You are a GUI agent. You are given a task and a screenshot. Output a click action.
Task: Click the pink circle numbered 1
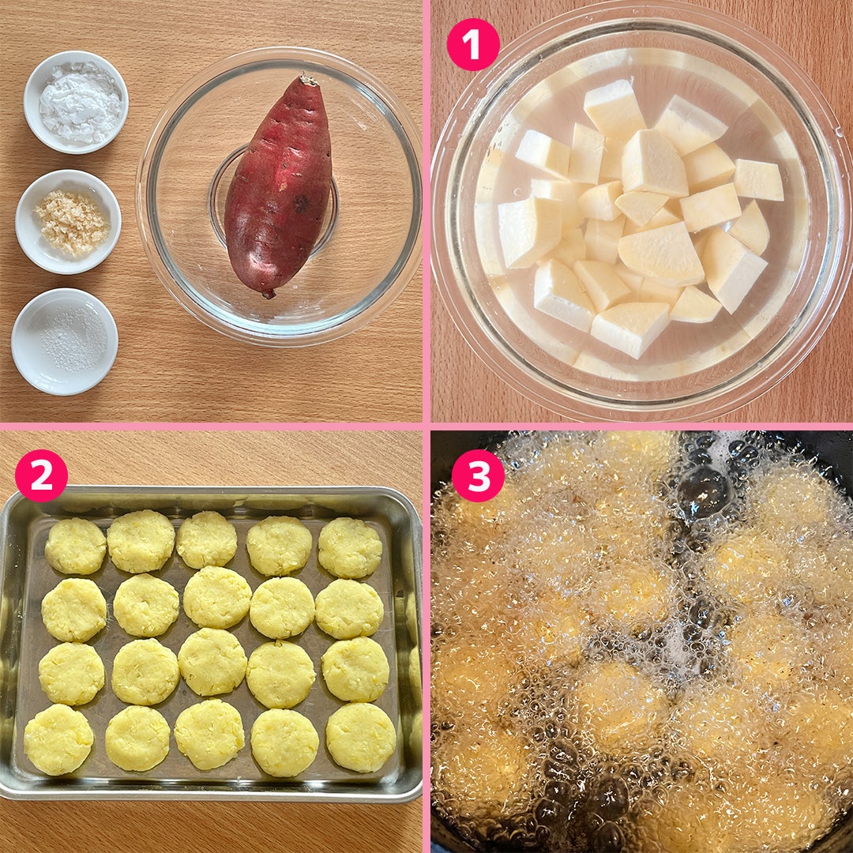pos(473,44)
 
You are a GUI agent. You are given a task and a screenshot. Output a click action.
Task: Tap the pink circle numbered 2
pos(41,475)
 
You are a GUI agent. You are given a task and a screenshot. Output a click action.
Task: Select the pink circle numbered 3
pos(478,475)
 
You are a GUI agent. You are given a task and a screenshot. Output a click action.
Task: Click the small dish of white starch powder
pos(76,102)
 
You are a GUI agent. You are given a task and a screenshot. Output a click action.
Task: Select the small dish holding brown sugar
pos(68,221)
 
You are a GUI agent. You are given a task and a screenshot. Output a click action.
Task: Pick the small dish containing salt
pos(64,341)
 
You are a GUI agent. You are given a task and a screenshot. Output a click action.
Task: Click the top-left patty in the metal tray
pos(76,547)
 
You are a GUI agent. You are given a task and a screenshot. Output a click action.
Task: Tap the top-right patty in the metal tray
pos(351,547)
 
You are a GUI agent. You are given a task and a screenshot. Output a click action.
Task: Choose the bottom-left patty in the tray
pos(58,739)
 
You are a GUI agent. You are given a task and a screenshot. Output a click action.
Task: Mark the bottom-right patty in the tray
pos(361,737)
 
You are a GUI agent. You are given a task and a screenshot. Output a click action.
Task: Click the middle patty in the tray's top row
pos(207,539)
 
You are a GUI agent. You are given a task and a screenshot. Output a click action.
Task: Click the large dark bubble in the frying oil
pos(704,491)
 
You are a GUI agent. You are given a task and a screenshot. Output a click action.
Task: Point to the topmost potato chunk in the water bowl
pos(614,111)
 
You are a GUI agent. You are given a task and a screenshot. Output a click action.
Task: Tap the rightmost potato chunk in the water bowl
pos(758,179)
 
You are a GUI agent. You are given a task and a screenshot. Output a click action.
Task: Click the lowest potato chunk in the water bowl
pos(630,329)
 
